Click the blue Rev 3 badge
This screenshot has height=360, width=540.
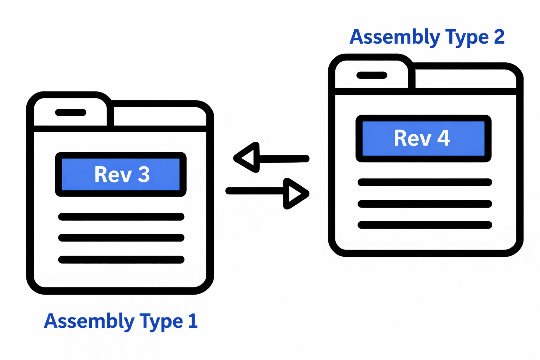tap(121, 174)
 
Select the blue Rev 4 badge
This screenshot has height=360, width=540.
tap(423, 138)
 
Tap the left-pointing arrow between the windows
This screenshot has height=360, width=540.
tap(271, 158)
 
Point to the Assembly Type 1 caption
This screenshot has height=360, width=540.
tap(121, 321)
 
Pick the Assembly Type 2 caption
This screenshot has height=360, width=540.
tap(427, 37)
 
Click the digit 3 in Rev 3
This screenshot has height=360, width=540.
tap(144, 174)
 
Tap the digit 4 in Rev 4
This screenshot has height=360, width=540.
tap(444, 138)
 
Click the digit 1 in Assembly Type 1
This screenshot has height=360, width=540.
tap(193, 321)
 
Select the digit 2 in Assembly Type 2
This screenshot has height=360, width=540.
tap(499, 37)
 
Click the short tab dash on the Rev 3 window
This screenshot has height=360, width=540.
tap(71, 112)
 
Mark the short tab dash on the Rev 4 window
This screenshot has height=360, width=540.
tap(372, 75)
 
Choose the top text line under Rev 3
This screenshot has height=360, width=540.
tap(121, 217)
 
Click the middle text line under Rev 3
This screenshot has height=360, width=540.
tap(121, 238)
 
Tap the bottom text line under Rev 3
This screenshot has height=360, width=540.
tap(121, 260)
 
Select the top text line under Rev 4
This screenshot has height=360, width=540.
tap(425, 182)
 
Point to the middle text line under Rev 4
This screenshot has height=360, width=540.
tap(425, 204)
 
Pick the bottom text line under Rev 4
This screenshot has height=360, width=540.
tap(425, 225)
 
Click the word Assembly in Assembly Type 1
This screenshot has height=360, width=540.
tap(89, 321)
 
